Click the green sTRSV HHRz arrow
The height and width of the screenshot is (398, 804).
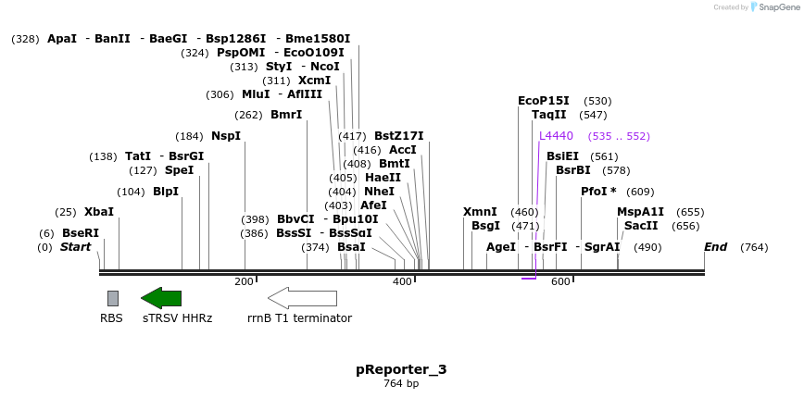[x=161, y=298]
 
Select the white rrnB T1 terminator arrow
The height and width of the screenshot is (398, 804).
[x=302, y=298]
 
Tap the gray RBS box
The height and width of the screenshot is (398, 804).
[x=113, y=298]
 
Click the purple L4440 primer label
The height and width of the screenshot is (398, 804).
[x=556, y=136]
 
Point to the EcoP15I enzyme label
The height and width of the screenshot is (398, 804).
[x=544, y=101]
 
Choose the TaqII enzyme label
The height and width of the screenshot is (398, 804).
[x=549, y=115]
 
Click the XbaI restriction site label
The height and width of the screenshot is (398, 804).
[x=99, y=212]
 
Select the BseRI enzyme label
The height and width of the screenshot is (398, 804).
[x=81, y=232]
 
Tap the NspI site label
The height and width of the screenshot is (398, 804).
[x=226, y=136]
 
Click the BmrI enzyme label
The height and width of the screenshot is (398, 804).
[x=286, y=115]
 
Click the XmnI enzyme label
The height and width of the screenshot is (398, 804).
[x=480, y=212]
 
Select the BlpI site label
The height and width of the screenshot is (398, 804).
[x=166, y=192]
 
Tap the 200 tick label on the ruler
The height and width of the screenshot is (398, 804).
[x=244, y=281]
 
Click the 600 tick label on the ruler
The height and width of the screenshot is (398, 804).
[x=560, y=281]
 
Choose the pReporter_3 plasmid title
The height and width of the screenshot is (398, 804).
[x=401, y=369]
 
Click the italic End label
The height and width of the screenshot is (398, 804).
[x=715, y=247]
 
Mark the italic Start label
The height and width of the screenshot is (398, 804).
[x=76, y=247]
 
